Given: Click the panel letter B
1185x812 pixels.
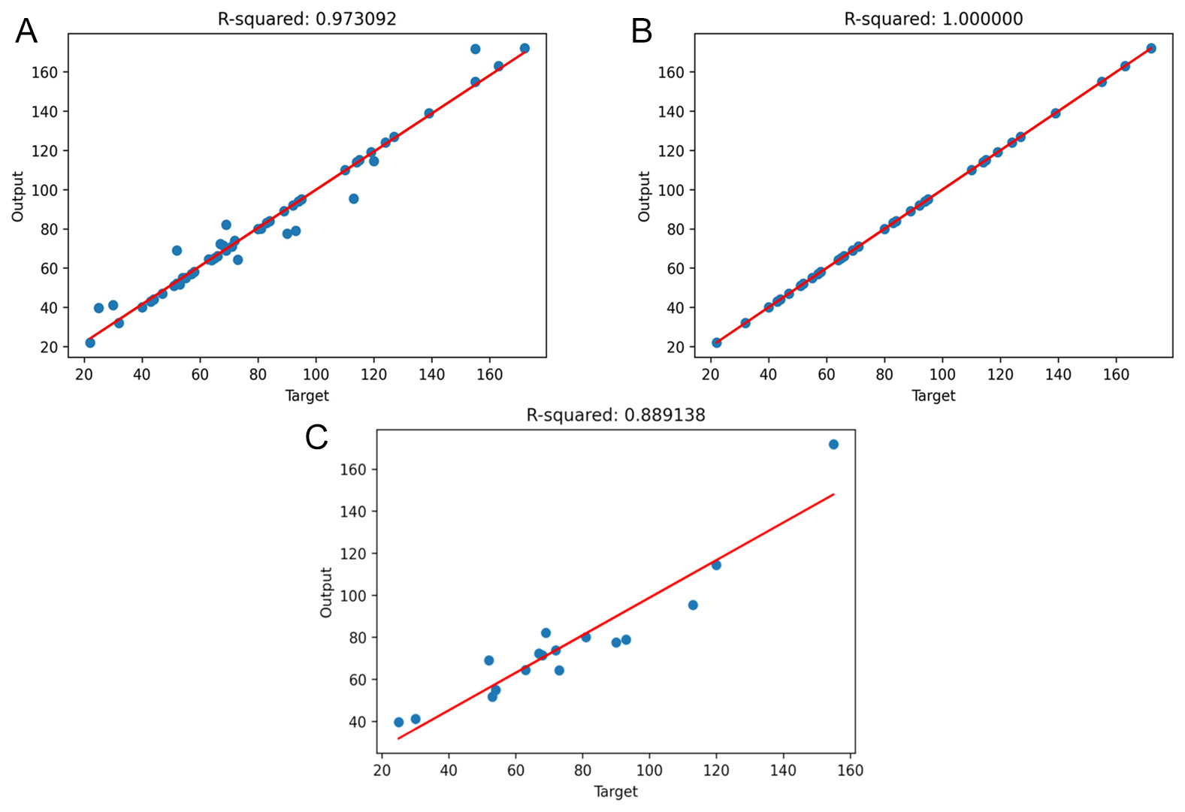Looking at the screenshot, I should click(x=641, y=32).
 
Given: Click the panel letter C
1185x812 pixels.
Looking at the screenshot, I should click(x=316, y=436).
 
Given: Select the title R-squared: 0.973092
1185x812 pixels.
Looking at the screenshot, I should click(x=307, y=19).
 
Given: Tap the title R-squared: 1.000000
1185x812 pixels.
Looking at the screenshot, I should click(x=933, y=19).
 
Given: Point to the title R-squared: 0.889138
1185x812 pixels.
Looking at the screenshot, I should click(x=615, y=415).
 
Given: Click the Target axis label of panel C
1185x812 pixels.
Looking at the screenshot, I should click(x=615, y=791).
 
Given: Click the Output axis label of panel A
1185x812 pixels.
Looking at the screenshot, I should click(x=18, y=196).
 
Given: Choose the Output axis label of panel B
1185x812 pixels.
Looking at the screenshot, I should click(x=644, y=196).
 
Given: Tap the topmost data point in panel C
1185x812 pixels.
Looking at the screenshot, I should click(x=833, y=444).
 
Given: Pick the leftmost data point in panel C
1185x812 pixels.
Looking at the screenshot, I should click(x=398, y=722).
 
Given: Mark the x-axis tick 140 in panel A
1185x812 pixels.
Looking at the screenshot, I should click(x=432, y=374).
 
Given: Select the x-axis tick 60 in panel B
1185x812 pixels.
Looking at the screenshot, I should click(x=827, y=374).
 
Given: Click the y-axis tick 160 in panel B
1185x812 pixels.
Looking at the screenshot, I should click(x=671, y=72).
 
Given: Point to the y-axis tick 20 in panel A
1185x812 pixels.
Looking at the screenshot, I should click(x=50, y=347).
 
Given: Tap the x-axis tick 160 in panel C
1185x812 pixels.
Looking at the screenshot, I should click(x=850, y=770).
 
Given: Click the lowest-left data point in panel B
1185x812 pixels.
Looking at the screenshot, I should click(x=716, y=343).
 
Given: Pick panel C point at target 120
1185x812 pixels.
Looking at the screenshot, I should click(x=716, y=565).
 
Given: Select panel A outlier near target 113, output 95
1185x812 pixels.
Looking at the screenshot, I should click(x=353, y=198).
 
